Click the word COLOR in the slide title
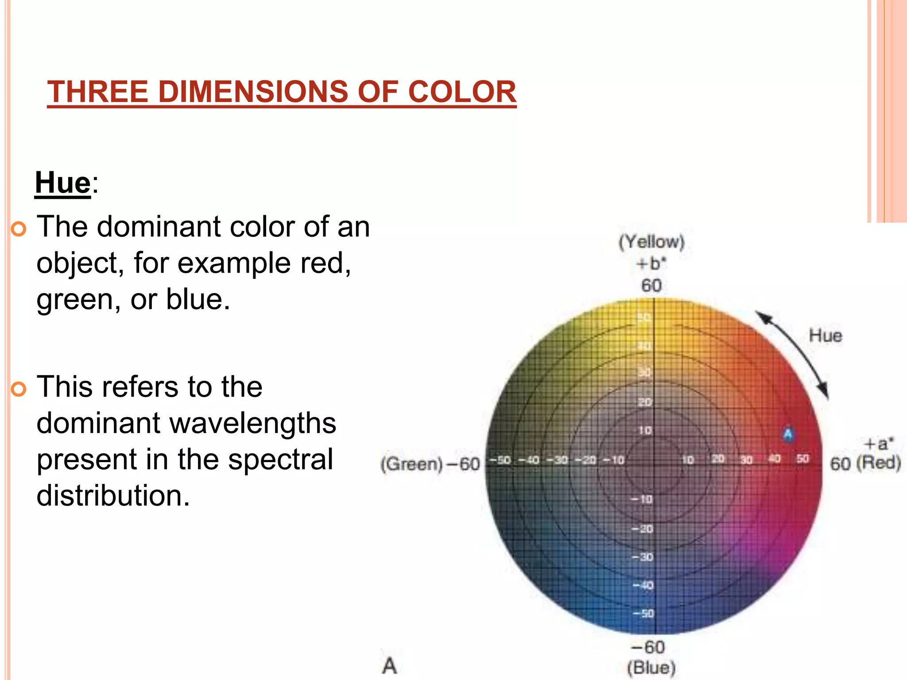(462, 92)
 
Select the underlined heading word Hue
(63, 182)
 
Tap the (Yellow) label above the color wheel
(651, 242)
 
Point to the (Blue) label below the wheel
(651, 668)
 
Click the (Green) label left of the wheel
(411, 464)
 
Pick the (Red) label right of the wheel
(879, 463)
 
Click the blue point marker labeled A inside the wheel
(788, 434)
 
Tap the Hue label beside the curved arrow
(826, 336)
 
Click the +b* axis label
(651, 264)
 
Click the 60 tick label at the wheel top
(651, 286)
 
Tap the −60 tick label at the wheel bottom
(648, 647)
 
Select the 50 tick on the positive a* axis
(802, 459)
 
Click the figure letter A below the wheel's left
(390, 666)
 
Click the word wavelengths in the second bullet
(253, 423)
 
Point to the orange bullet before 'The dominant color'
(19, 229)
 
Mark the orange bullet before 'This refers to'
(19, 389)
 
